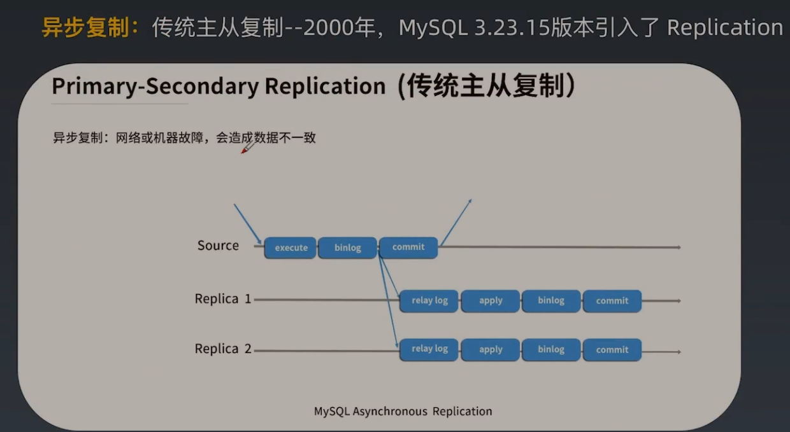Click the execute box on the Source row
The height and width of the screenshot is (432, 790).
pos(291,247)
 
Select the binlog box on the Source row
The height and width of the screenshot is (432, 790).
pos(347,247)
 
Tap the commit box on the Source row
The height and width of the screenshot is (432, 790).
pos(408,247)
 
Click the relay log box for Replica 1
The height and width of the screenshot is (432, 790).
pos(429,300)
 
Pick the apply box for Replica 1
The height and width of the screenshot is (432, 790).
pos(491,300)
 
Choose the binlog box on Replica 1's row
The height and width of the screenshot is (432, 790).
pos(551,300)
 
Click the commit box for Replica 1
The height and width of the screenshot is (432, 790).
pos(612,300)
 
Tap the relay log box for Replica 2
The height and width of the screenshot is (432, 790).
pos(429,349)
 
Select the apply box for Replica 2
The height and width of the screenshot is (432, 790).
pos(491,349)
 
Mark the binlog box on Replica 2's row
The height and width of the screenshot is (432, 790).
pos(551,349)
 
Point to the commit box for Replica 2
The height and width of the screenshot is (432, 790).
pos(612,349)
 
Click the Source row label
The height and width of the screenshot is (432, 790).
pos(218,246)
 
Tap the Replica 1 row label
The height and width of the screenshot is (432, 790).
pos(223,298)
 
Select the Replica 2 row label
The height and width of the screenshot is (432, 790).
pos(223,349)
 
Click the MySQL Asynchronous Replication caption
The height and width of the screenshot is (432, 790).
pos(403,411)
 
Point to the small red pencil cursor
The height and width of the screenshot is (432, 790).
pos(248,148)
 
